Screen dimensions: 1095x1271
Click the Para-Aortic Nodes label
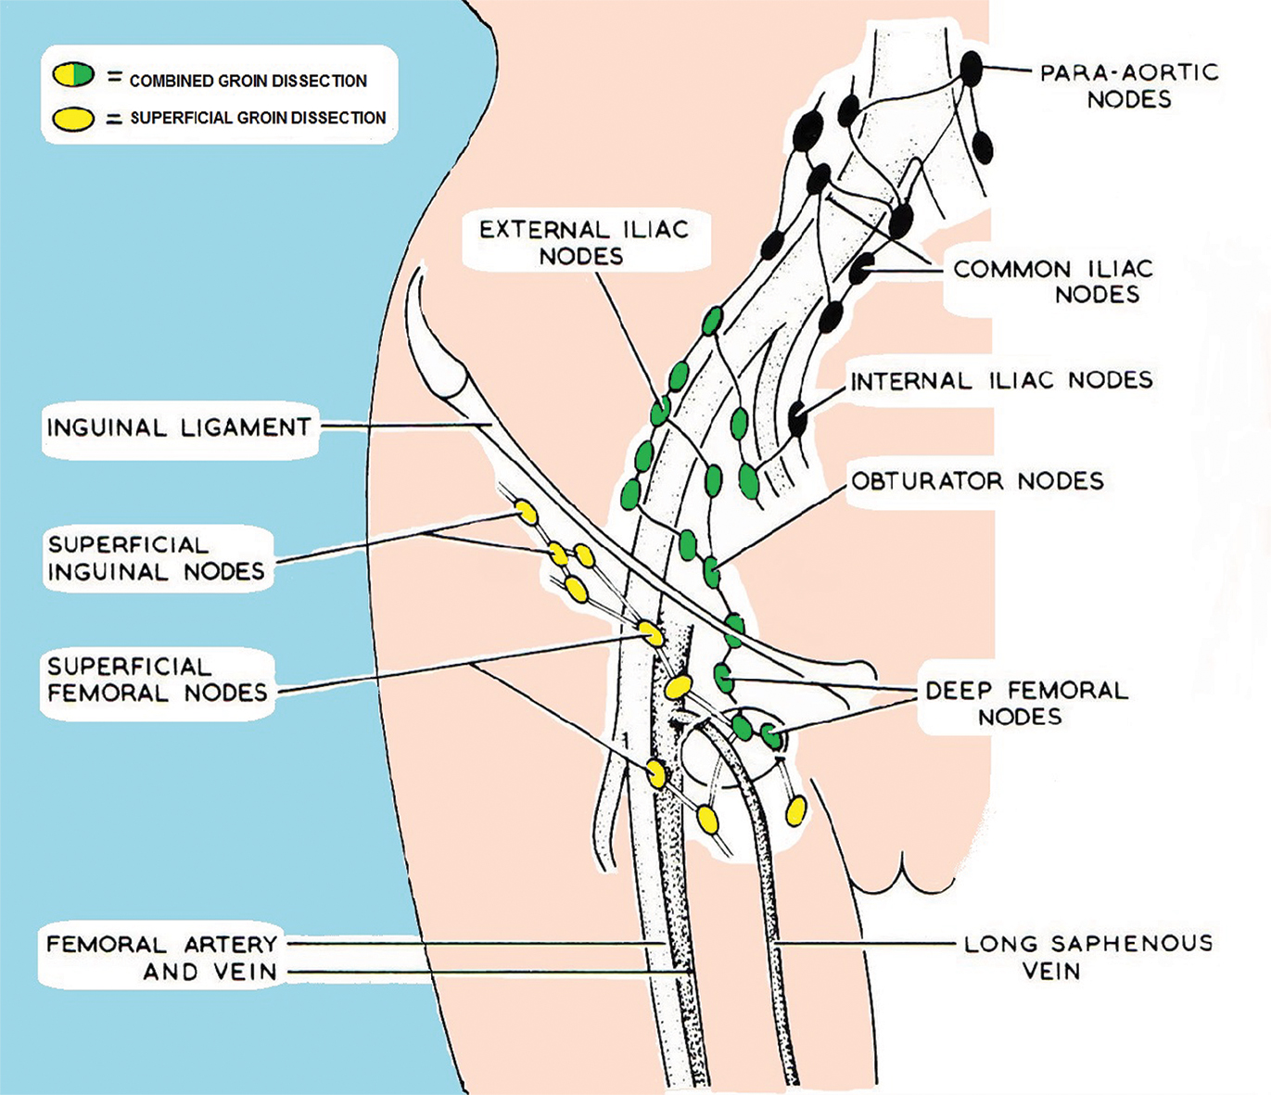point(1128,85)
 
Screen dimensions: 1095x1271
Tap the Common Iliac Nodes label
point(1053,281)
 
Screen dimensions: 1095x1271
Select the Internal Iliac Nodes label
point(1001,380)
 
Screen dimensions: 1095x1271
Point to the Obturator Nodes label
point(977,480)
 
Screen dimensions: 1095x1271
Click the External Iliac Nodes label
point(583,242)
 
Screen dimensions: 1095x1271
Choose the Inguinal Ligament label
point(179,427)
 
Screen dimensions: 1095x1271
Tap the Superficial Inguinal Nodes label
point(156,558)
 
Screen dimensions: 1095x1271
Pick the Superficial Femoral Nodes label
point(157,680)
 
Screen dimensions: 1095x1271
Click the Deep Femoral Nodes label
point(1026,703)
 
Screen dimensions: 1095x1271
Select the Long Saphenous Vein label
point(1087,957)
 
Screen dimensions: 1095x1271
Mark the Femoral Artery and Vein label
point(162,958)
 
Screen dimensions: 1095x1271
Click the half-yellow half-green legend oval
point(74,75)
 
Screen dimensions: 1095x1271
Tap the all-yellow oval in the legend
point(74,118)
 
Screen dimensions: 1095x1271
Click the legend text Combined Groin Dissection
point(248,81)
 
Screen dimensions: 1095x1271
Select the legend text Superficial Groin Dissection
point(258,118)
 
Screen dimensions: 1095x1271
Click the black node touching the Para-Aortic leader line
point(971,68)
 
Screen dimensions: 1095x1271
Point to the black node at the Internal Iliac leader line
point(797,418)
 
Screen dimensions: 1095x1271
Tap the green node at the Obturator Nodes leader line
point(711,572)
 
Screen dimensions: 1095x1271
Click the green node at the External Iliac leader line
point(660,410)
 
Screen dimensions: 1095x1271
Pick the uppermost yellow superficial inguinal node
point(526,512)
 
